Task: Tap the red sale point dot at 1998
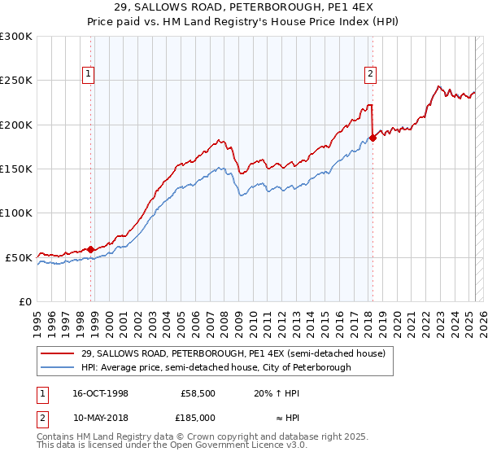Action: click(x=90, y=249)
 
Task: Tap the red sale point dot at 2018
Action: click(x=373, y=138)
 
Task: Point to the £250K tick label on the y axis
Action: click(x=16, y=81)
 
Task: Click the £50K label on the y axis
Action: click(x=19, y=257)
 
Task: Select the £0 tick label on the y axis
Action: click(x=26, y=301)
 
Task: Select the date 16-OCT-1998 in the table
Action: click(x=99, y=392)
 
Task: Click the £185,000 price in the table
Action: click(x=198, y=417)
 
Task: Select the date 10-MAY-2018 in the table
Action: click(x=99, y=417)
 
